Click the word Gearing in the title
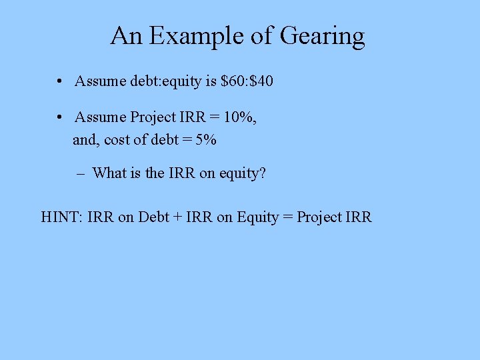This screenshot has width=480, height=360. click(323, 37)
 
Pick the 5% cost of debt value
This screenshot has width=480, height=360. click(206, 140)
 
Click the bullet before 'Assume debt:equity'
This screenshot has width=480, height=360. click(60, 81)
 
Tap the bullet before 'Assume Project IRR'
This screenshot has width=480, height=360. click(60, 117)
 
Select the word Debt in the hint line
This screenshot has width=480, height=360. click(153, 217)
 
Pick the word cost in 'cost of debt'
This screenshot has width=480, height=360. click(117, 140)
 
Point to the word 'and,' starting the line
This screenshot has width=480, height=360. click(86, 140)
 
